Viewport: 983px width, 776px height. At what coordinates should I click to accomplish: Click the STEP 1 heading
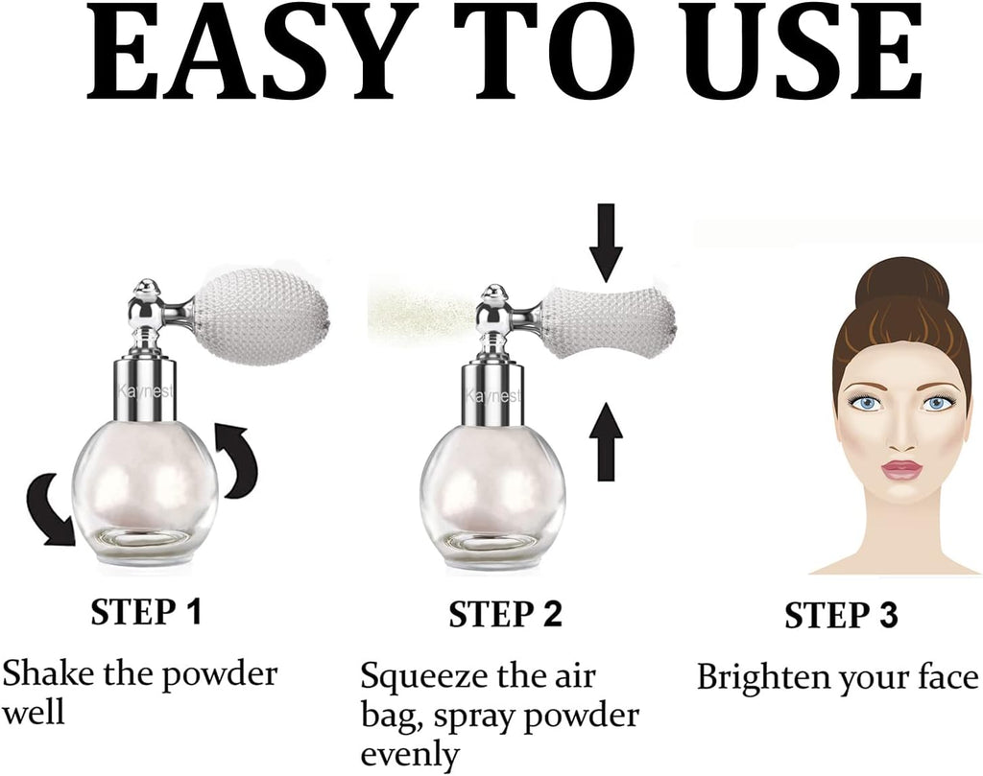coord(146,612)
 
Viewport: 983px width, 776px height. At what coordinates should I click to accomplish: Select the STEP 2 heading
coord(505,615)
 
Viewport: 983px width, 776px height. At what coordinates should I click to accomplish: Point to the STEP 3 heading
coord(841,616)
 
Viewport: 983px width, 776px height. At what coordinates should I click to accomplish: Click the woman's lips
coord(902,470)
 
